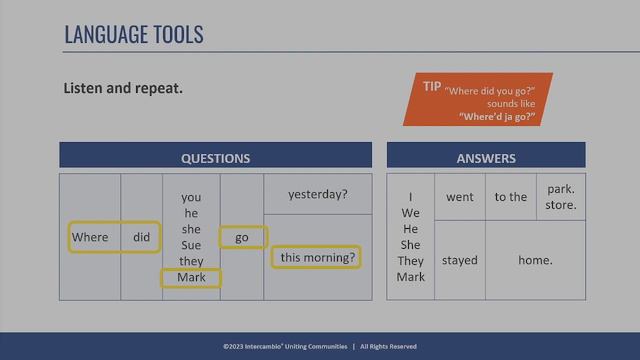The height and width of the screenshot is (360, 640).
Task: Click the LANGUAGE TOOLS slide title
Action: click(x=133, y=34)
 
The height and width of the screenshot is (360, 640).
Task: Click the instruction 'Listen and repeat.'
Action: click(x=123, y=88)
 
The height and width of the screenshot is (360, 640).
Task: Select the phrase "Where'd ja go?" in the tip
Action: click(x=497, y=117)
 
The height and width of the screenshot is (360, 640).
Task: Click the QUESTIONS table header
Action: click(x=215, y=158)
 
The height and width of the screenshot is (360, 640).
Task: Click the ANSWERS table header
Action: click(x=486, y=158)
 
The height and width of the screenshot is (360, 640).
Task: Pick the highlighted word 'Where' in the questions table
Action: click(x=90, y=237)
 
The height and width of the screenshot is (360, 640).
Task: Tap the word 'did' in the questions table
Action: click(x=141, y=237)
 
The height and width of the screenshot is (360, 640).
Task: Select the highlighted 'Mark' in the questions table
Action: click(x=191, y=277)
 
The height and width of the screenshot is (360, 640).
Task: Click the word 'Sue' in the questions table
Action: click(x=191, y=245)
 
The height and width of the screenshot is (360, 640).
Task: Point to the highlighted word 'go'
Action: click(x=242, y=237)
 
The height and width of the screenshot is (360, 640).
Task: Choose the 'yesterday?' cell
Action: click(x=317, y=194)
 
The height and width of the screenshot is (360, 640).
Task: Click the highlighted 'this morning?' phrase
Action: click(x=317, y=257)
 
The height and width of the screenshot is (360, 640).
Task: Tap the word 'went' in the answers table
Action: click(x=460, y=197)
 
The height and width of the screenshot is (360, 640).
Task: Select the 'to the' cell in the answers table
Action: click(x=510, y=197)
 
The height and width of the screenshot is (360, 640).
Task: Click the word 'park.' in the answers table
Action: click(x=561, y=188)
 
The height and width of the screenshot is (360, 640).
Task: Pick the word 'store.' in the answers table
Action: click(x=561, y=207)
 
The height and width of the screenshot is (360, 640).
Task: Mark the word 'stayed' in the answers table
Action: click(x=460, y=260)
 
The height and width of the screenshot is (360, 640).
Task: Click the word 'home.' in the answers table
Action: click(x=535, y=260)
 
